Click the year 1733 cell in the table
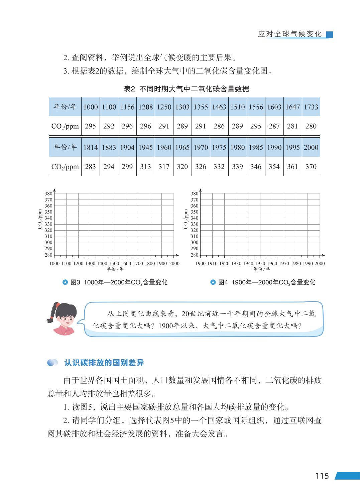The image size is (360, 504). point(311,107)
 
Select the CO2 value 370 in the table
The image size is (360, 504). point(311,166)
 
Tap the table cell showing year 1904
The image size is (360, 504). point(127,147)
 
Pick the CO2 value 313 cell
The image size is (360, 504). point(145,166)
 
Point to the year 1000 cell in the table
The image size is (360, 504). point(90,107)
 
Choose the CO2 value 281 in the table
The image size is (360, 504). point(292,126)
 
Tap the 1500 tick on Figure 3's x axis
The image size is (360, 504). point(114,263)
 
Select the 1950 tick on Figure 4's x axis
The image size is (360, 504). point(260,263)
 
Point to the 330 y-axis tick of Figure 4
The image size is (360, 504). point(194,224)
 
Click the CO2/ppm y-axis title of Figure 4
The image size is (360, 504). point(186,219)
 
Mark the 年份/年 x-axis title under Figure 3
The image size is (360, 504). point(114,269)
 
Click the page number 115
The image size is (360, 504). point(322,476)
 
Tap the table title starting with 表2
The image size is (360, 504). point(186,89)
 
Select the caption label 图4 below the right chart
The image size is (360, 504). point(223,282)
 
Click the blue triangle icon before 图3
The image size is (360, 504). point(66,282)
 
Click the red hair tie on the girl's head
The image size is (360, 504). point(57,304)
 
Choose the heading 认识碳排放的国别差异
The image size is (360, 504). point(104,363)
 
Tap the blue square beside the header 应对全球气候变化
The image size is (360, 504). point(330,34)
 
